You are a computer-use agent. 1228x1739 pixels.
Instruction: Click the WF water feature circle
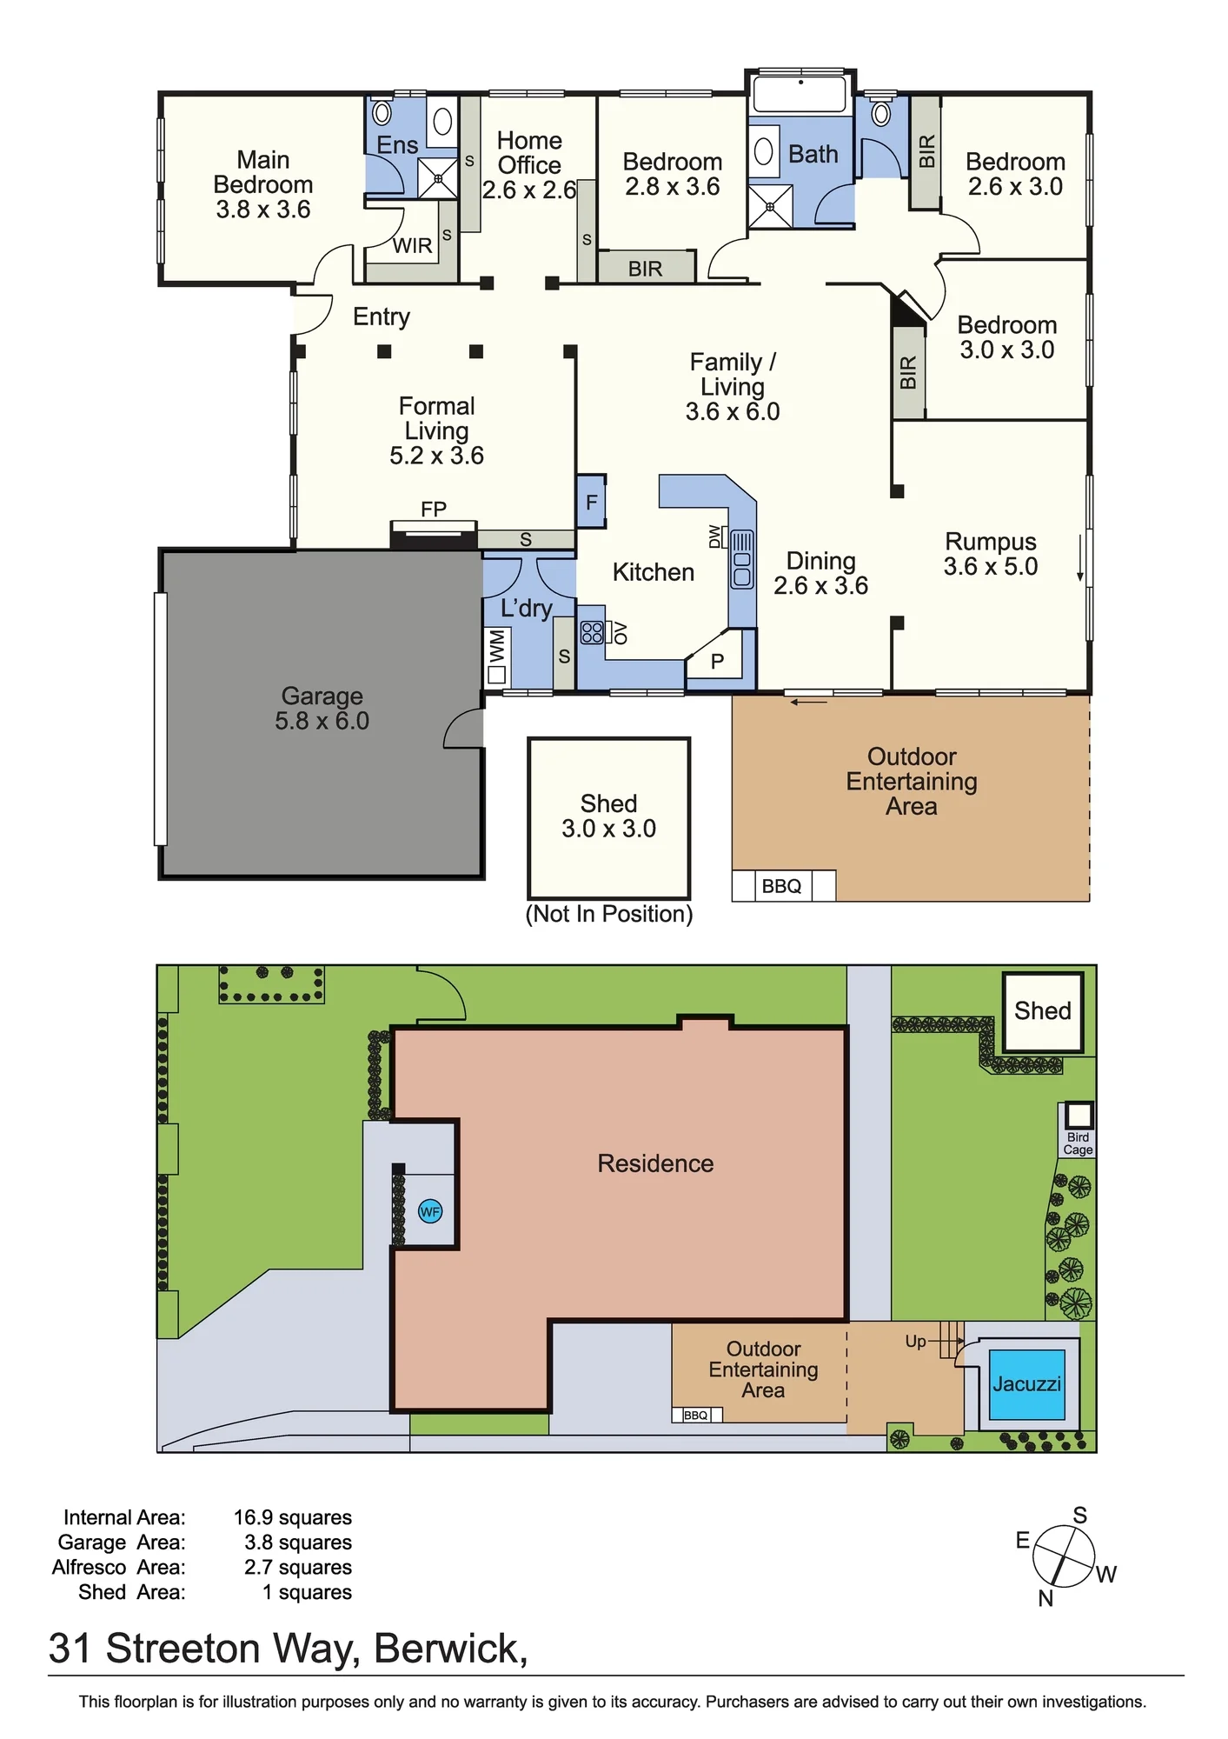tap(430, 1211)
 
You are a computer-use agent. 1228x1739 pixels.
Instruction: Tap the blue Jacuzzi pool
tap(1027, 1384)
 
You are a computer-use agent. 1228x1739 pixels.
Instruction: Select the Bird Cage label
tap(1078, 1143)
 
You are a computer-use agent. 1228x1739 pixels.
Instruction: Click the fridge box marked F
tap(592, 502)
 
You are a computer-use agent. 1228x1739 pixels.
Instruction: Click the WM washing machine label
tap(496, 647)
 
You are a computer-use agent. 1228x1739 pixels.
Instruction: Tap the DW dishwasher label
tap(715, 536)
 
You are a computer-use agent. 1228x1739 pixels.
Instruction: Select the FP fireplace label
tap(434, 510)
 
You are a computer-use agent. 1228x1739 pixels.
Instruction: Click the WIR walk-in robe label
tap(412, 246)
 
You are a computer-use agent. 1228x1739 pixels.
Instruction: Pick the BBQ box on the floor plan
tap(782, 886)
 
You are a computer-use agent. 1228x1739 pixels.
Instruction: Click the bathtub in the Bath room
tap(800, 94)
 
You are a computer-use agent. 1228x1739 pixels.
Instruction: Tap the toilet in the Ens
tap(382, 112)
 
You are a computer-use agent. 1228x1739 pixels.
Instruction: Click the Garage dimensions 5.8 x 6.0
tap(322, 721)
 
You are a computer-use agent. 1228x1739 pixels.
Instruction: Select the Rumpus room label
tap(991, 541)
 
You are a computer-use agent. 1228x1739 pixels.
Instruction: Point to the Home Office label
tap(529, 152)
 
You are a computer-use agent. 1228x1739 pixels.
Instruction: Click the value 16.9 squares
tap(293, 1517)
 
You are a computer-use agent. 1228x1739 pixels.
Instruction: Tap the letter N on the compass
tap(1045, 1598)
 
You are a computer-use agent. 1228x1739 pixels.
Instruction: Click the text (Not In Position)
tap(609, 914)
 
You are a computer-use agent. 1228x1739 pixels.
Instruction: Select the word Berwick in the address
tap(447, 1649)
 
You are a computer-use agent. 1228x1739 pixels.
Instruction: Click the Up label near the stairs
tap(915, 1342)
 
